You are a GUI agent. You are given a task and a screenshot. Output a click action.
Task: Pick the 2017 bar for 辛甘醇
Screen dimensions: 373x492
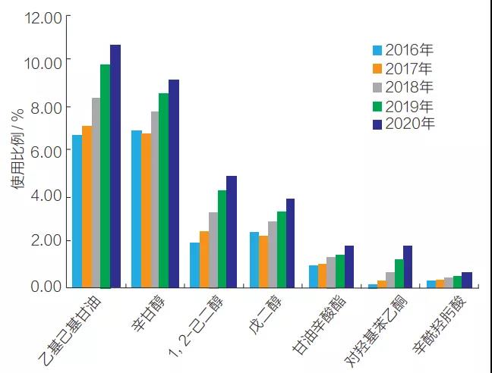pyautogui.click(x=146, y=210)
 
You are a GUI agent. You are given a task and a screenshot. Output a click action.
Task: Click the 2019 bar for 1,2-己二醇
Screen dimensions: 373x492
pyautogui.click(x=222, y=238)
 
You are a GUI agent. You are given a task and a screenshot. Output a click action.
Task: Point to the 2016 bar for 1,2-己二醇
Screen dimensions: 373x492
pyautogui.click(x=194, y=265)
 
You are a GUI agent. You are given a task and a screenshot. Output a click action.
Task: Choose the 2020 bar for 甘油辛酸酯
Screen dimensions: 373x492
pyautogui.click(x=349, y=266)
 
